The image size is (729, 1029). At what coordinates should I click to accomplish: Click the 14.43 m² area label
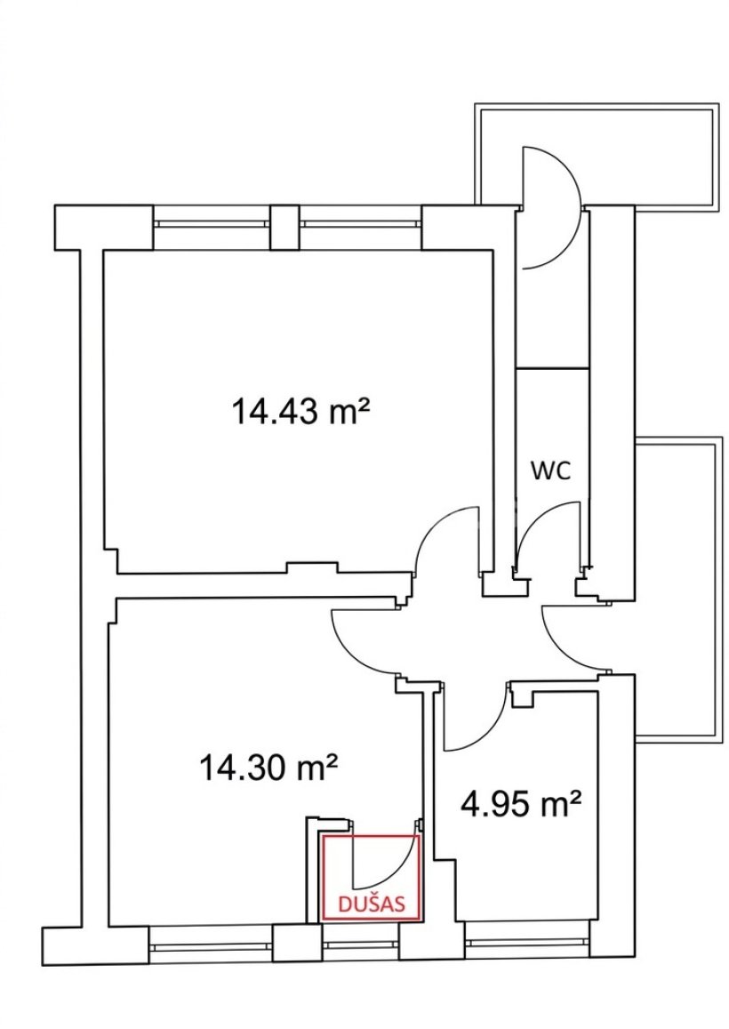click(x=301, y=412)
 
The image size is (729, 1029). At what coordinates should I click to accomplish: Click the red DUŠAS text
click(x=370, y=904)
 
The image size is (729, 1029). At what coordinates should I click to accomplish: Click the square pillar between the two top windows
click(x=284, y=227)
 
